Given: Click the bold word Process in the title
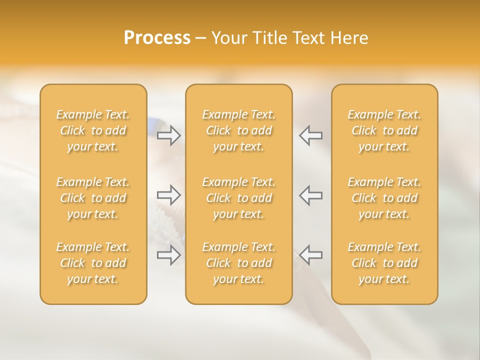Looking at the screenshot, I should pyautogui.click(x=157, y=38).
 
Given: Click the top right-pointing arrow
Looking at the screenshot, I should pyautogui.click(x=169, y=135).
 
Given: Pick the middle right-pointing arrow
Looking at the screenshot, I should pyautogui.click(x=169, y=194).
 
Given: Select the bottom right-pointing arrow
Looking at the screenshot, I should pyautogui.click(x=169, y=255).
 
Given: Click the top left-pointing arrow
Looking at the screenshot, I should pyautogui.click(x=311, y=135).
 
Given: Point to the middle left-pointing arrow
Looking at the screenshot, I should pyautogui.click(x=311, y=194).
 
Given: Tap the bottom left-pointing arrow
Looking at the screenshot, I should pyautogui.click(x=311, y=255).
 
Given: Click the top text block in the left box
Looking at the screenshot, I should pyautogui.click(x=93, y=130).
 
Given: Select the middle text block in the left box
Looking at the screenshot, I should pyautogui.click(x=93, y=198).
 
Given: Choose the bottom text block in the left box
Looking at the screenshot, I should pyautogui.click(x=93, y=263).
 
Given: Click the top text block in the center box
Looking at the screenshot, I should pyautogui.click(x=239, y=130).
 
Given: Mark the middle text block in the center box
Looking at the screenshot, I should pyautogui.click(x=239, y=198).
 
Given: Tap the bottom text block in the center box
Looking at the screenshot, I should pyautogui.click(x=239, y=263).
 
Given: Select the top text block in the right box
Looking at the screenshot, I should pyautogui.click(x=384, y=130).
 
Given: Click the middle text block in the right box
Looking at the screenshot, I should pyautogui.click(x=384, y=198).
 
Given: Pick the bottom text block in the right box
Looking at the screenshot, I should pyautogui.click(x=384, y=263).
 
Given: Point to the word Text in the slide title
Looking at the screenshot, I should pyautogui.click(x=308, y=38).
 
